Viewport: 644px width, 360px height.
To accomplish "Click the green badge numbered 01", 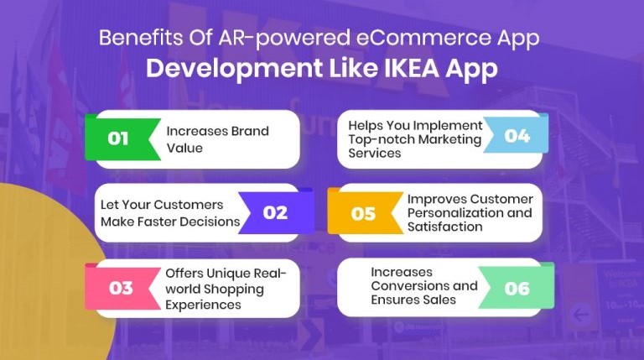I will pyautogui.click(x=119, y=138).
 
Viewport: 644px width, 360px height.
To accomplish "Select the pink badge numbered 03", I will pyautogui.click(x=121, y=288).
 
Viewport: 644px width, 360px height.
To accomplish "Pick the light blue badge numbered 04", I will pyautogui.click(x=517, y=136).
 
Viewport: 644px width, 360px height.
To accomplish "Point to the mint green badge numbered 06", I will pyautogui.click(x=517, y=288).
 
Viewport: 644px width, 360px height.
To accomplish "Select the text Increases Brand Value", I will pyautogui.click(x=205, y=138).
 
